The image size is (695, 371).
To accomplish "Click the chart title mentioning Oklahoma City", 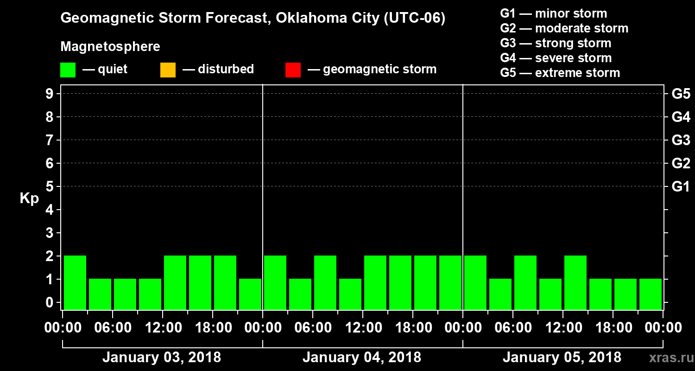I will pyautogui.click(x=253, y=19).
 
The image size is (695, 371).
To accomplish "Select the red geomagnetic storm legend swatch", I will pyautogui.click(x=293, y=70).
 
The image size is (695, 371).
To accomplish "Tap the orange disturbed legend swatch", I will pyautogui.click(x=168, y=70).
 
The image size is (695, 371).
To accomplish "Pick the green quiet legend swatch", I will pyautogui.click(x=68, y=70).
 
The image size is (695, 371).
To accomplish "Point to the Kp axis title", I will pyautogui.click(x=29, y=198).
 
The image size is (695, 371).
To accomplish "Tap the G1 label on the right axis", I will pyautogui.click(x=681, y=187).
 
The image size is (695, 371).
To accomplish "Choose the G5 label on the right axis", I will pyautogui.click(x=681, y=94).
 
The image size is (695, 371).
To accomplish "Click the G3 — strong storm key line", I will pyautogui.click(x=556, y=43).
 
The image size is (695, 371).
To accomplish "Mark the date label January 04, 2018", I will pyautogui.click(x=362, y=358).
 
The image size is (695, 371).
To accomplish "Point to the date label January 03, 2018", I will pyautogui.click(x=162, y=358).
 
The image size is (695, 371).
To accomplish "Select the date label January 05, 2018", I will pyautogui.click(x=562, y=358).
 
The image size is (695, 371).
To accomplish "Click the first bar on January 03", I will pyautogui.click(x=75, y=282).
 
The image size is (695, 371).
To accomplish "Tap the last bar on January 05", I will pyautogui.click(x=651, y=294).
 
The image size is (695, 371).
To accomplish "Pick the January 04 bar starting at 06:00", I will pyautogui.click(x=325, y=282).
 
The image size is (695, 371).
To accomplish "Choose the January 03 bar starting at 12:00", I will pyautogui.click(x=175, y=282).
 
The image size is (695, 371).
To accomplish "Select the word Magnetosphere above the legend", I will pyautogui.click(x=110, y=47).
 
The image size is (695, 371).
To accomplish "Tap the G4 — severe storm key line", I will pyautogui.click(x=556, y=58).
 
